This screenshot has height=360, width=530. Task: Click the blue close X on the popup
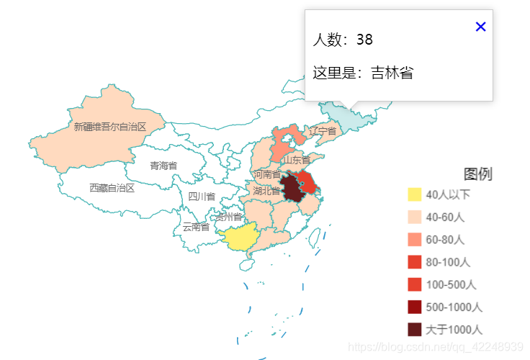(x=481, y=27)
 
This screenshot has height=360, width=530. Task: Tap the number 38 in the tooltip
(x=364, y=40)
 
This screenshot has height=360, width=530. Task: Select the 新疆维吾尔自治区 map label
(x=110, y=127)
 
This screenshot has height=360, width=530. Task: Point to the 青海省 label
(x=163, y=166)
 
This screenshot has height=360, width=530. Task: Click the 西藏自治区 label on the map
(x=112, y=188)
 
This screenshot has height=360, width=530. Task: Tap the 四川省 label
(x=202, y=197)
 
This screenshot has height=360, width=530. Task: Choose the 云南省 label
(x=196, y=227)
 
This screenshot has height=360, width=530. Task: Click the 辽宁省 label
(x=323, y=131)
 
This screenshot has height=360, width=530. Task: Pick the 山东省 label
(x=297, y=160)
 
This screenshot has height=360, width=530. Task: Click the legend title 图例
(x=478, y=174)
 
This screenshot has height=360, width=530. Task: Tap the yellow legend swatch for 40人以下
(x=415, y=194)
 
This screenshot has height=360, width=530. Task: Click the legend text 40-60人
(x=445, y=217)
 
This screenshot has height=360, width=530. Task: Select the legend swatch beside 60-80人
(x=415, y=239)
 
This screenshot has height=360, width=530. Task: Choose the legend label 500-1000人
(x=454, y=307)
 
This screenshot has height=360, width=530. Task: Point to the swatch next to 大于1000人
(x=415, y=329)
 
